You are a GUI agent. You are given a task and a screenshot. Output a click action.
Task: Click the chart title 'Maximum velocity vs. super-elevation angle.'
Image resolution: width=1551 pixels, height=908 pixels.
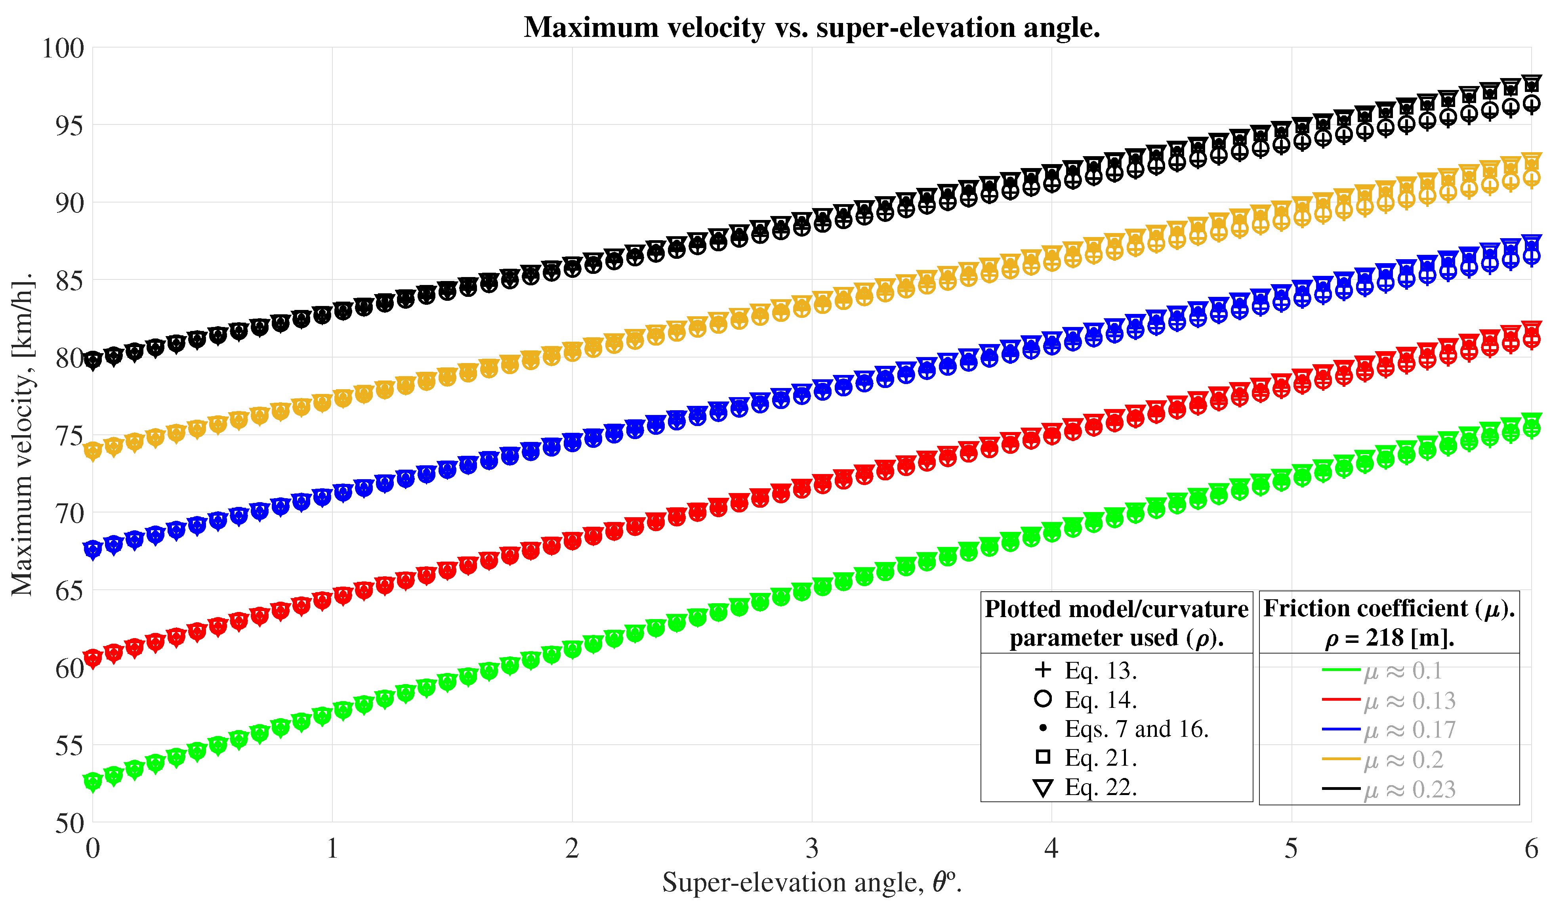click(x=812, y=28)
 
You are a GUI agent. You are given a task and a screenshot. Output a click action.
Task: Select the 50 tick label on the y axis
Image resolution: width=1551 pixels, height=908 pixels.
click(x=69, y=824)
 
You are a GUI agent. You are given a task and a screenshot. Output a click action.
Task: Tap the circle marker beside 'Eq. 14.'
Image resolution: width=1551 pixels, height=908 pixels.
click(x=1043, y=699)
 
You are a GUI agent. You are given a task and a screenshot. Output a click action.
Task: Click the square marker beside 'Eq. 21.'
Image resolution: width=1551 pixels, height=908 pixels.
click(x=1043, y=757)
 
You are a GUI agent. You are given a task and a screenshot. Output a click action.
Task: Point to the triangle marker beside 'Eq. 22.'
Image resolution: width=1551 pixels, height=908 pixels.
click(x=1043, y=788)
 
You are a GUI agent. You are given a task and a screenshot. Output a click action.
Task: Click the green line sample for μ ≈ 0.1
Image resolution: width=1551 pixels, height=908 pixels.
click(x=1341, y=670)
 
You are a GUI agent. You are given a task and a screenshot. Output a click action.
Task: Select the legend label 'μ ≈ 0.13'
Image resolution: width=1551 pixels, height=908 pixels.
click(x=1410, y=701)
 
